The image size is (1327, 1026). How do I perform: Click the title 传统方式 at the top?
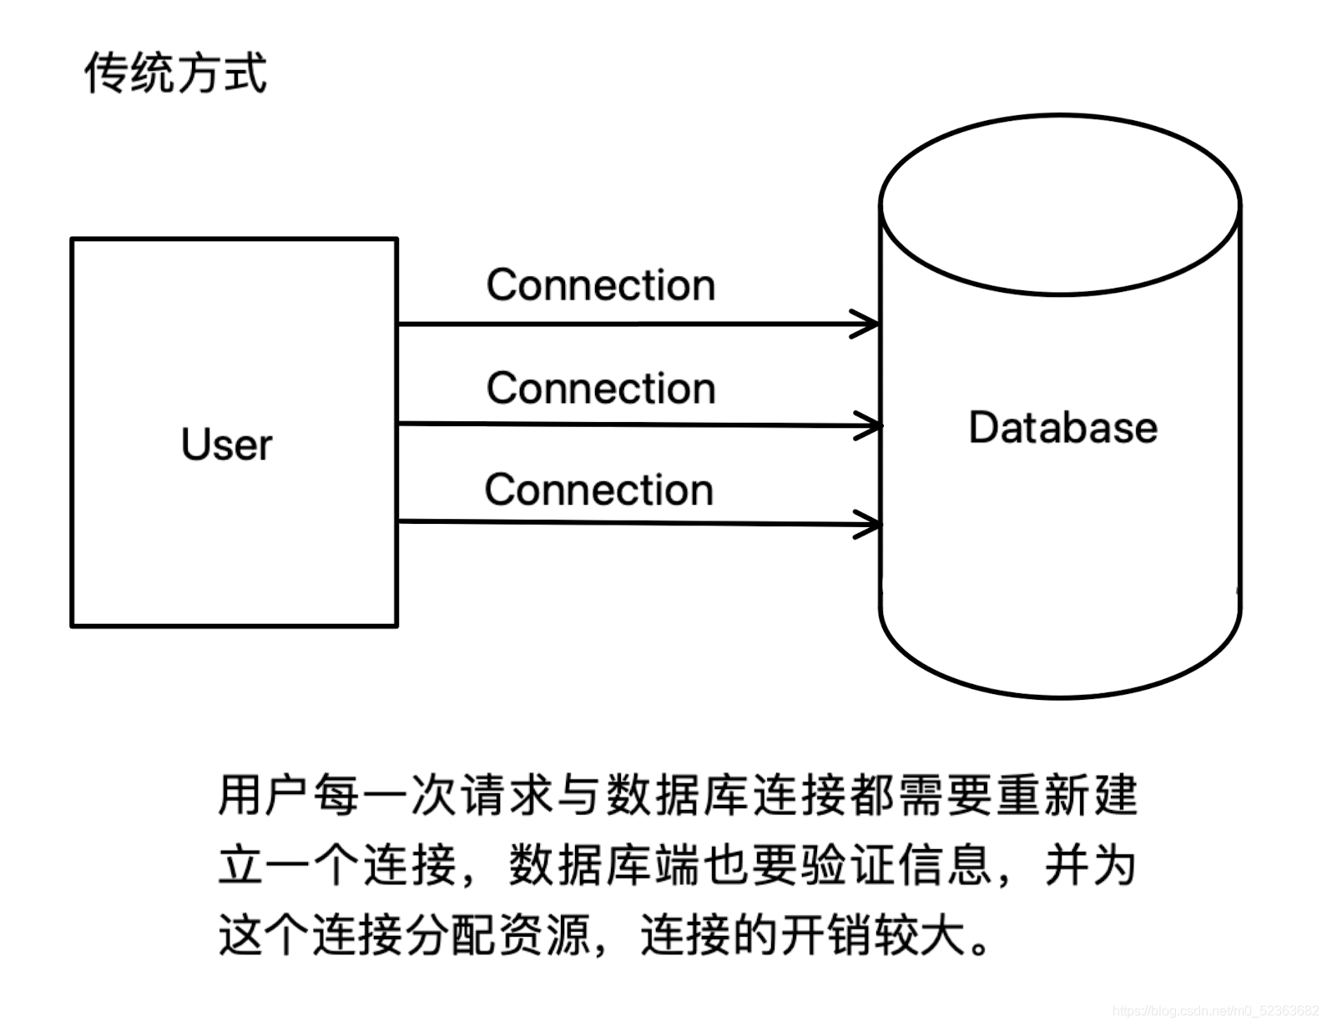click(x=175, y=73)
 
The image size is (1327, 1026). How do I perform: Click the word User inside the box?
click(x=226, y=444)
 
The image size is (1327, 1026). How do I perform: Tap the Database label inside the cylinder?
click(x=1062, y=427)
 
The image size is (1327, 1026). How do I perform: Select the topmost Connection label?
click(x=601, y=285)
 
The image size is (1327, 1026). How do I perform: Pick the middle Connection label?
click(x=601, y=388)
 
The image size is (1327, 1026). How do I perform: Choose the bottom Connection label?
click(x=599, y=490)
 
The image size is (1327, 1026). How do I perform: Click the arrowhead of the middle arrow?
click(x=870, y=425)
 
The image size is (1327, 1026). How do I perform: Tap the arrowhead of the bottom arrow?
click(x=870, y=524)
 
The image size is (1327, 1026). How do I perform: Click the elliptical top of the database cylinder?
click(x=1060, y=204)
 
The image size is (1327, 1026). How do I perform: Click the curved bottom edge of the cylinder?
click(x=1060, y=696)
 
